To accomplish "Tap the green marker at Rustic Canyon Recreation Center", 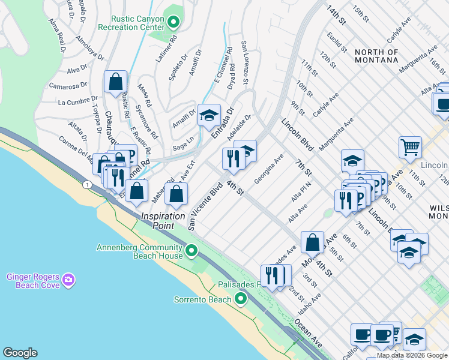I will point(173,23).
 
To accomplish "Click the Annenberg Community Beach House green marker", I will point(191,250).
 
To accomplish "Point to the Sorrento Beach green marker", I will point(241,298).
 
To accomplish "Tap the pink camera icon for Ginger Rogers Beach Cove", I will point(68,280).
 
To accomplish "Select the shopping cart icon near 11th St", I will point(410,146).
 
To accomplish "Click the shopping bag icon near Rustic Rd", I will point(115,81).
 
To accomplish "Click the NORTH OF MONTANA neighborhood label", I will point(376,56).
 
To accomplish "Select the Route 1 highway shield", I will point(88,184).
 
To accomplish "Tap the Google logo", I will point(20,353).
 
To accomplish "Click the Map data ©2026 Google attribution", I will point(412,355).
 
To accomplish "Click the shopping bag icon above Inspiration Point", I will point(176,193).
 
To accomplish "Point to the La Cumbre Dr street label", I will point(73,103).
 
